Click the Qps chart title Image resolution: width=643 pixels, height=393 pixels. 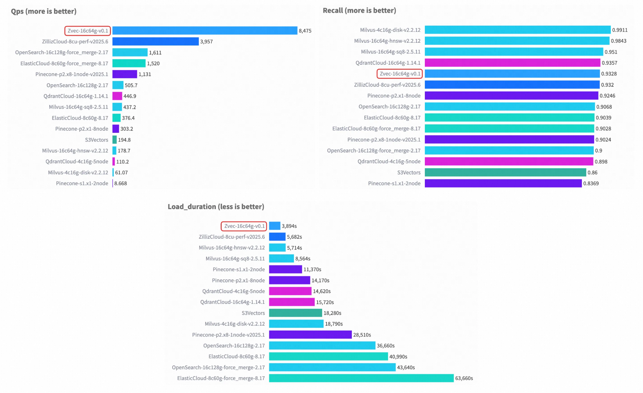pyautogui.click(x=44, y=11)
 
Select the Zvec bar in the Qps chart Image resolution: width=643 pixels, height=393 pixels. pyautogui.click(x=205, y=30)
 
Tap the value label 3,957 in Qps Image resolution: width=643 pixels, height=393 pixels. pyautogui.click(x=206, y=42)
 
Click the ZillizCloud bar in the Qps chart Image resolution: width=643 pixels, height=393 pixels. pyautogui.click(x=155, y=42)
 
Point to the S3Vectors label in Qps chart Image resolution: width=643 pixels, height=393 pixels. pyautogui.click(x=96, y=140)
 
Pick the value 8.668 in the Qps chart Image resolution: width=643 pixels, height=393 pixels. pyautogui.click(x=120, y=184)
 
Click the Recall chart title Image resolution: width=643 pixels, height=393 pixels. pyautogui.click(x=359, y=10)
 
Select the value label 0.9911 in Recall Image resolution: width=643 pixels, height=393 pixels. pyautogui.click(x=620, y=30)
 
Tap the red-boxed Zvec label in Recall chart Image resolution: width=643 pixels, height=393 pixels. pyautogui.click(x=399, y=74)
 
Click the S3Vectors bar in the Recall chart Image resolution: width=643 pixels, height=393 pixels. pyautogui.click(x=505, y=172)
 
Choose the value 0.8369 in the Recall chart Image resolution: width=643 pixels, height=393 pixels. pyautogui.click(x=591, y=184)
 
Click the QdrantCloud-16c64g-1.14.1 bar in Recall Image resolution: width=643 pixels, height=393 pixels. pyautogui.click(x=512, y=63)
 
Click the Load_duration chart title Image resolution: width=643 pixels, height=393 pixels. pyautogui.click(x=216, y=207)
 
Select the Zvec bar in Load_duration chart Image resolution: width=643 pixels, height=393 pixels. pyautogui.click(x=275, y=226)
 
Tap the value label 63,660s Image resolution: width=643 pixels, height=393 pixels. pyautogui.click(x=464, y=378)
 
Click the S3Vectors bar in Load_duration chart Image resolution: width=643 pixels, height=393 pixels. pyautogui.click(x=295, y=313)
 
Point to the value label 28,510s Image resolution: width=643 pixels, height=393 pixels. pyautogui.click(x=362, y=335)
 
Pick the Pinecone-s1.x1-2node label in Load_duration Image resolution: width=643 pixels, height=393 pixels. pyautogui.click(x=238, y=269)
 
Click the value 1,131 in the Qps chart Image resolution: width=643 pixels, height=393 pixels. pyautogui.click(x=145, y=74)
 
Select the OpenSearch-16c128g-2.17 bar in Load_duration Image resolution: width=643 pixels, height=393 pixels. pyautogui.click(x=322, y=345)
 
